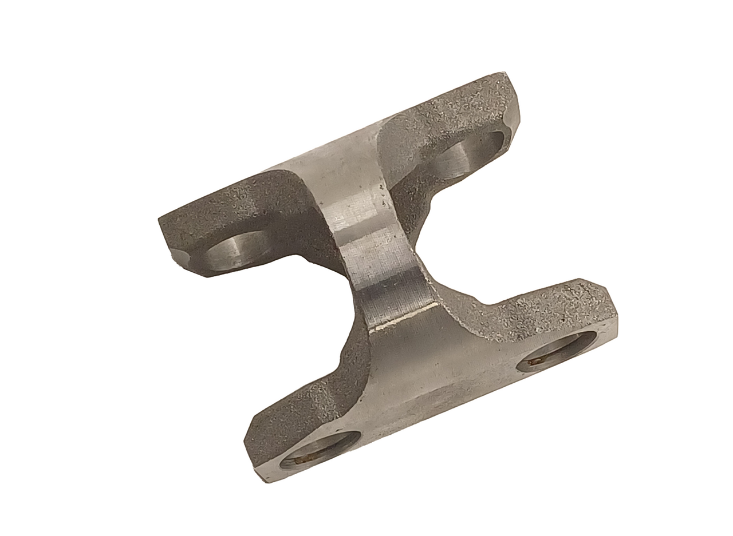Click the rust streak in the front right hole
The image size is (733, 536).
point(538,360)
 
